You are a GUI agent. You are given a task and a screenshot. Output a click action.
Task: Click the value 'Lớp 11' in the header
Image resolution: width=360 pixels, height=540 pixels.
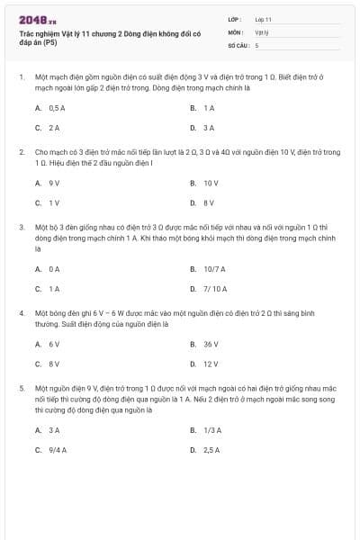263,19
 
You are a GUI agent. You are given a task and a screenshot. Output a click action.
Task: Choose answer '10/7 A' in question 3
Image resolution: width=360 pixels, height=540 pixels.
213,268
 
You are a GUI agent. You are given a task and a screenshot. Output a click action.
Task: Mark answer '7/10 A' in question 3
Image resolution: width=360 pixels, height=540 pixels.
215,289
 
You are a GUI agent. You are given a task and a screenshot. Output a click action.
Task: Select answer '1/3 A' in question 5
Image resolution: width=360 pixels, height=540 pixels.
211,430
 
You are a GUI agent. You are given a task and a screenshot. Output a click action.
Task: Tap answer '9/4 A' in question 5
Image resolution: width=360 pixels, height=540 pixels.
58,449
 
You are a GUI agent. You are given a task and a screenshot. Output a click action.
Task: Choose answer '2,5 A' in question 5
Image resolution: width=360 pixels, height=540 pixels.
211,449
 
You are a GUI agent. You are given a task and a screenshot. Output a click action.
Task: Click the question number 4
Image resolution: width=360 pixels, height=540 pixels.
22,312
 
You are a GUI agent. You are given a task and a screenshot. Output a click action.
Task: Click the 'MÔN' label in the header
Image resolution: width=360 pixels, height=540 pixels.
236,31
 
